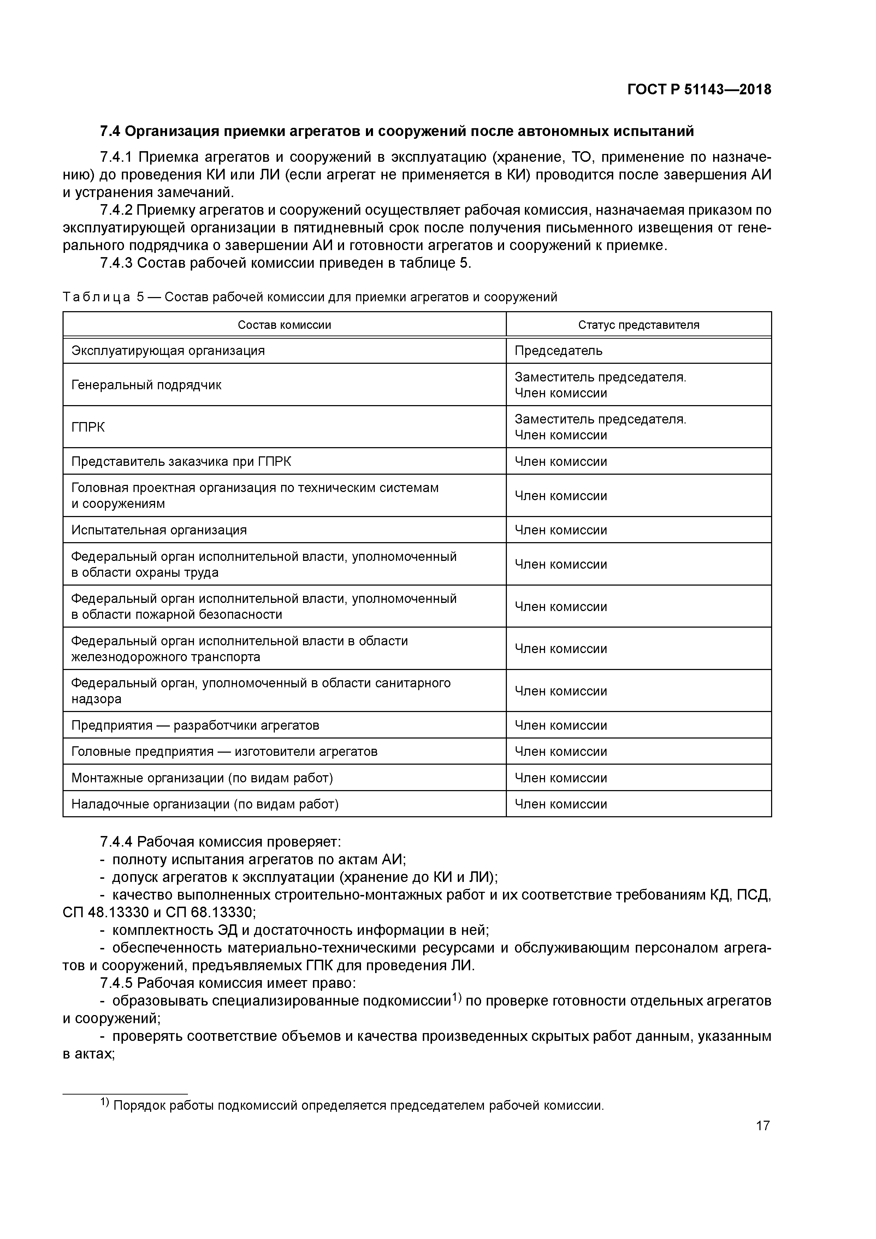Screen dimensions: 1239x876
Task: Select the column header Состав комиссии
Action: coord(284,325)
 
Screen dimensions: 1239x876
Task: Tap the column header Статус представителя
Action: coord(639,325)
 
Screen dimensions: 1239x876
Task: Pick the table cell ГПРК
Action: coord(88,427)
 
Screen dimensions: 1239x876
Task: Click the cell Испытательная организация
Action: coord(159,530)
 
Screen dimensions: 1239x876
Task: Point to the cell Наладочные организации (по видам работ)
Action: coord(205,804)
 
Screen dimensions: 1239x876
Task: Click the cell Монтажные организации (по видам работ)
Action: coord(202,778)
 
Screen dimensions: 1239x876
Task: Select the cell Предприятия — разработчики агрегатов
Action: coord(195,725)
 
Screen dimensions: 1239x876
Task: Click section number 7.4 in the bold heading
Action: coord(111,131)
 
